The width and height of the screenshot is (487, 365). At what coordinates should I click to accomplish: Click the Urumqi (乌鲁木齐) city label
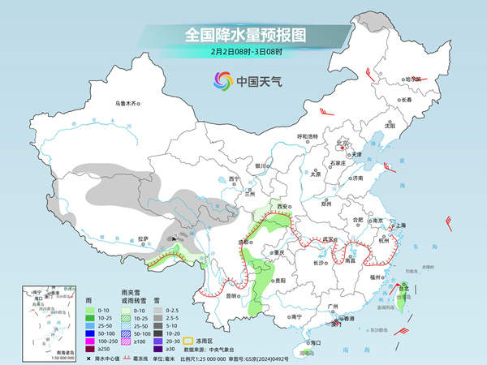coord(127,103)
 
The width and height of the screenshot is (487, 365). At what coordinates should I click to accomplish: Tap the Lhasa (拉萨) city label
coord(144,238)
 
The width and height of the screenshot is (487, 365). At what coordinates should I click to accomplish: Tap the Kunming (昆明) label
coord(233,295)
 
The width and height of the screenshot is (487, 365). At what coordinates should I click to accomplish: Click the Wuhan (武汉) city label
coord(329,239)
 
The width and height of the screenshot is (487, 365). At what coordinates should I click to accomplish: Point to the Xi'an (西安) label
coord(283,208)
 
